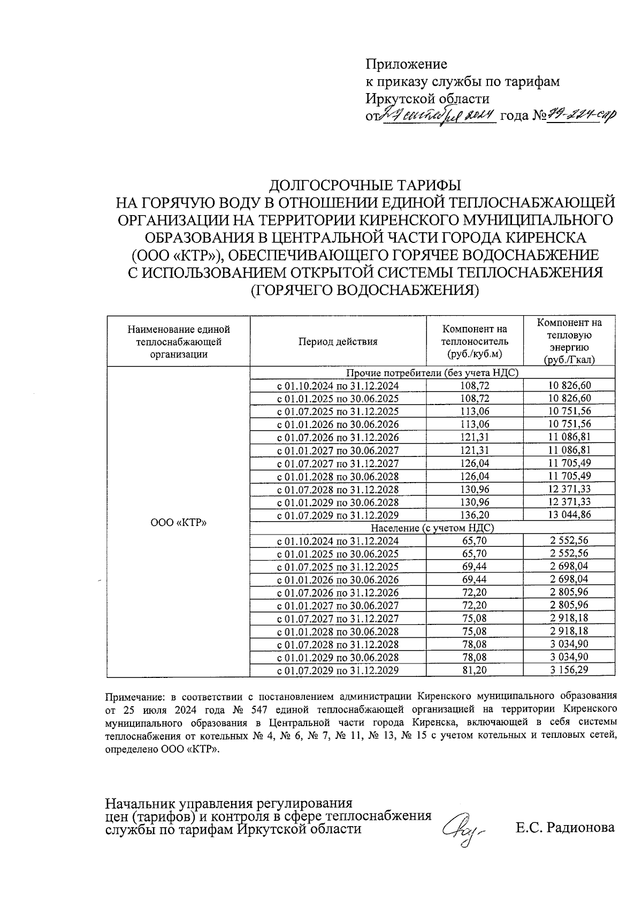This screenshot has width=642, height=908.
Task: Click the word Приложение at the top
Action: coord(406,64)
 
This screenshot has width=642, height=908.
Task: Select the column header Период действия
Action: coord(338,342)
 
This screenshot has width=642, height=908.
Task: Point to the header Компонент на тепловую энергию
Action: coord(569,341)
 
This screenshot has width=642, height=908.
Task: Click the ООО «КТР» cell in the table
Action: coord(178,522)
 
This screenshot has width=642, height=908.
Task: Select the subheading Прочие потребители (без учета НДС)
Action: coord(433,372)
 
